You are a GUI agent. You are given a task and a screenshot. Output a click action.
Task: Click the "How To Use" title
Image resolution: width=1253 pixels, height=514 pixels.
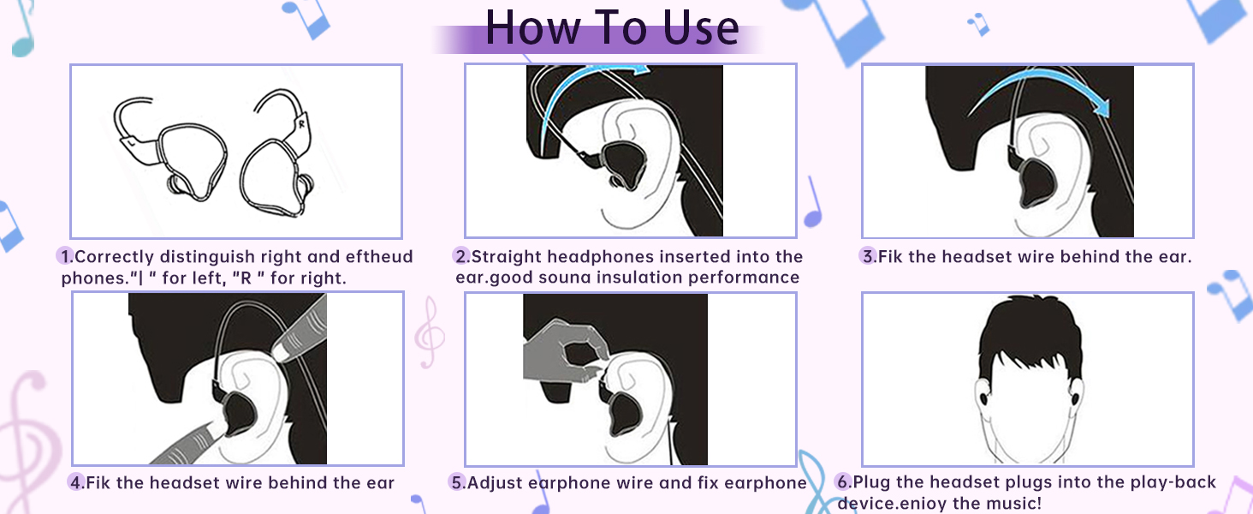(611, 27)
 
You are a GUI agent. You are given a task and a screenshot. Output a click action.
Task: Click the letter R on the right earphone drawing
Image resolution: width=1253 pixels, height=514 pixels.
(302, 123)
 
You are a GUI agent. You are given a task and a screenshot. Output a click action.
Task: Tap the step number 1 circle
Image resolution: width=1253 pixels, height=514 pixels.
(65, 256)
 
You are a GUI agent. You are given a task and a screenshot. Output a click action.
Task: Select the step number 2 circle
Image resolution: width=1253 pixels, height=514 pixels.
(461, 256)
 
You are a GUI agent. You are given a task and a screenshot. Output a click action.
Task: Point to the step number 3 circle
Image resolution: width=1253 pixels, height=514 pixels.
(868, 256)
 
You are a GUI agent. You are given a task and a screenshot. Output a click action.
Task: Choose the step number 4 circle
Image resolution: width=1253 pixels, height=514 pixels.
(77, 482)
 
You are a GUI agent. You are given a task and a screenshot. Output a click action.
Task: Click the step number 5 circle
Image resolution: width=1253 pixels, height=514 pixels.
(457, 482)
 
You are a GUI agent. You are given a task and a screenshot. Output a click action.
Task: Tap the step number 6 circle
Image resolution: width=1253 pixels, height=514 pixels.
(843, 482)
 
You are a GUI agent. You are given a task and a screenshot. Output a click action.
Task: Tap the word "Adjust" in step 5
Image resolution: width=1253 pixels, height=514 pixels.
(494, 482)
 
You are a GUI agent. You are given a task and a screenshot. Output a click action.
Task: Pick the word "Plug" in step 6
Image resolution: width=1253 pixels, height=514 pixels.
(872, 482)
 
